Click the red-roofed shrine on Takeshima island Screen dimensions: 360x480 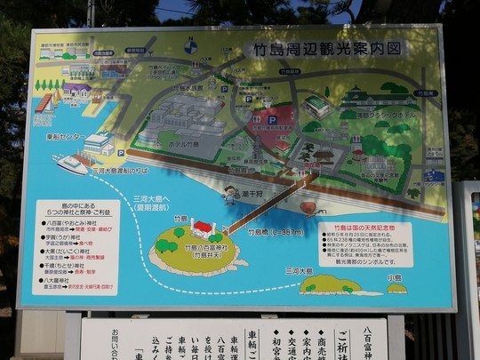pos(204,229)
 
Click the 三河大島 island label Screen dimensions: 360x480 pos(299,270)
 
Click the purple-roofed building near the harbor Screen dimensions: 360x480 pos(76,89)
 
